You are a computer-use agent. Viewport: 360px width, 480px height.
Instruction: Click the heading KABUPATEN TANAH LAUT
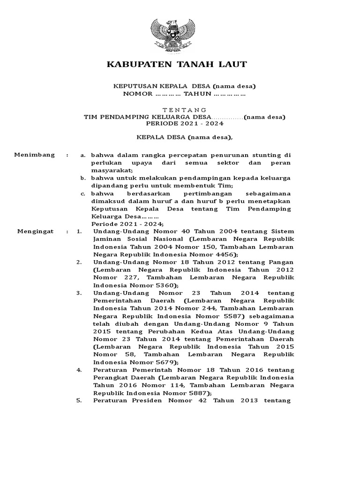pos(177,64)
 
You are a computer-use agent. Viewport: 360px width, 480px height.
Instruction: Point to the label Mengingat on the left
pos(36,232)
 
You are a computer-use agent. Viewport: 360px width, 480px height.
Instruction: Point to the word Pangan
pos(280,262)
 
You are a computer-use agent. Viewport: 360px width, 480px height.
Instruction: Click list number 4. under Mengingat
pos(79,370)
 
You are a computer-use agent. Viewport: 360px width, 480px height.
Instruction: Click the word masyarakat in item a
pos(112,170)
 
